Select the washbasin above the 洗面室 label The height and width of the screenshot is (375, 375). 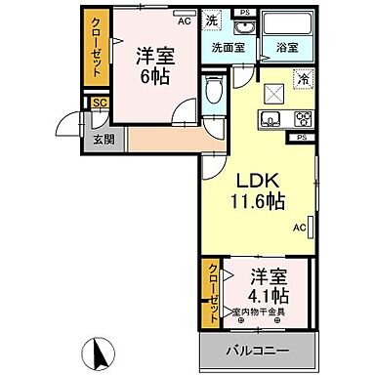(x=238, y=21)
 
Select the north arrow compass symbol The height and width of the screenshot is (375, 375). (x=98, y=348)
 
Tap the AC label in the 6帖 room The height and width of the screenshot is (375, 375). (x=184, y=19)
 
